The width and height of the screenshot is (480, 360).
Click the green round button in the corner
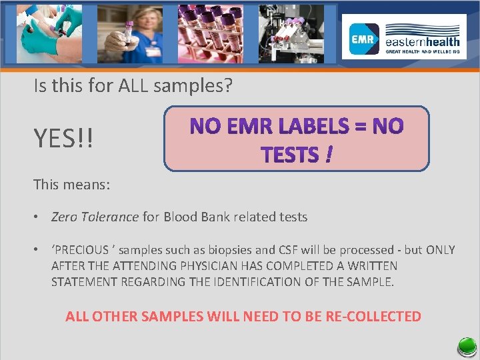pos(466,347)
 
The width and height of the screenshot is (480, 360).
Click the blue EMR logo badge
pos(365,39)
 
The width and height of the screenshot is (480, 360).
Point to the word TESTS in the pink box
pos(290,155)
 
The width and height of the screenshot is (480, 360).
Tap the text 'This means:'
pos(71,184)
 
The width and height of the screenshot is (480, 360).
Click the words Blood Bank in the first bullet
pos(193,217)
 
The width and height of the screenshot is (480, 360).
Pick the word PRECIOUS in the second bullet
pos(83,250)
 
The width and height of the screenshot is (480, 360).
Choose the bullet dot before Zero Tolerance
pos(39,217)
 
